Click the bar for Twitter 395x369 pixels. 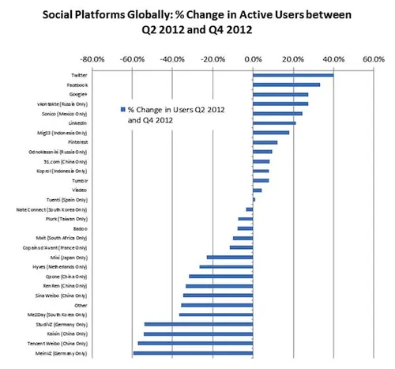292,75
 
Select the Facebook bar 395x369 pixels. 286,85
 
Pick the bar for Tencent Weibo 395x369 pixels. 195,344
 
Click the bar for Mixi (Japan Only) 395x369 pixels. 229,258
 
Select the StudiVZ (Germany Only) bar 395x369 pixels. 198,325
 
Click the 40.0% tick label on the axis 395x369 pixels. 333,59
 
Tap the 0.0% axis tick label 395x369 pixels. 253,59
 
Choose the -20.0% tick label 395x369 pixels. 212,59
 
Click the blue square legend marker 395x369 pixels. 122,110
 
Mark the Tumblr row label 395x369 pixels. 77,181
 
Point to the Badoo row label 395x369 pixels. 77,228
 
